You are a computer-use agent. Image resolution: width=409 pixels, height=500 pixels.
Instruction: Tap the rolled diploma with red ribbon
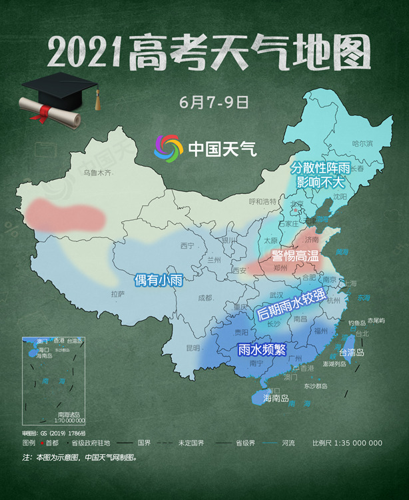click(50, 114)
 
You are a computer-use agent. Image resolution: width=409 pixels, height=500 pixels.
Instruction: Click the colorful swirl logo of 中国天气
click(168, 147)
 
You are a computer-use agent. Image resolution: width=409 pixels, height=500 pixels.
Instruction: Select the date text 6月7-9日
click(204, 104)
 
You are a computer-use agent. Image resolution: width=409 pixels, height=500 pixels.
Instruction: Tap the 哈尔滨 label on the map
click(363, 143)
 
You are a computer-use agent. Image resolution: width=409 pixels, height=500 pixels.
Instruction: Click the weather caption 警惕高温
click(296, 255)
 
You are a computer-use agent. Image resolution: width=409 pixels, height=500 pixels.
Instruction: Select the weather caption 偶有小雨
click(159, 279)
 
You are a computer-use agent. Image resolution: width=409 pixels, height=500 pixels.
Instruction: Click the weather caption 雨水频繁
click(262, 348)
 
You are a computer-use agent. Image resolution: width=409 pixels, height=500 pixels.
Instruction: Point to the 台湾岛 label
click(352, 352)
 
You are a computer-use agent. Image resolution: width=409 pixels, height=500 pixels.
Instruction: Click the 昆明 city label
click(193, 348)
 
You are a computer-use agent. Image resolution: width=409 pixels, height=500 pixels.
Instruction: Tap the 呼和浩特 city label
click(262, 201)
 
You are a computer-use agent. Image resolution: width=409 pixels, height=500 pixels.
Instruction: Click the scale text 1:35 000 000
click(356, 443)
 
